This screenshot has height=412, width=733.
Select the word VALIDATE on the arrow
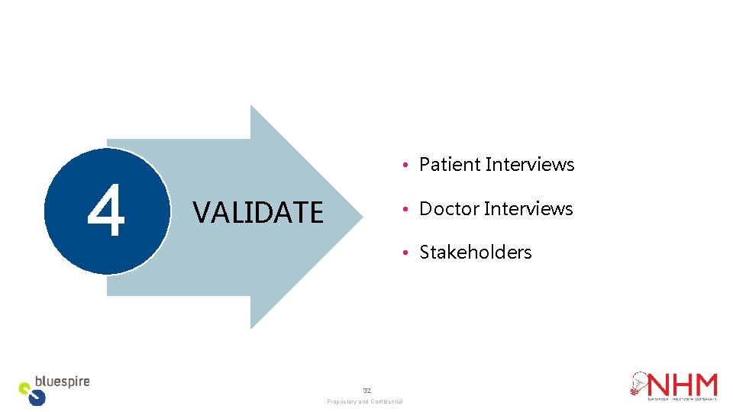point(258,212)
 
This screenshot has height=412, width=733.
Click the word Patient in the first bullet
point(450,165)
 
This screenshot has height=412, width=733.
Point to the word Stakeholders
point(476,253)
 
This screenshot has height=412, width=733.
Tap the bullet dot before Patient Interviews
point(409,166)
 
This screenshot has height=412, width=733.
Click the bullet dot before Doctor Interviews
point(409,209)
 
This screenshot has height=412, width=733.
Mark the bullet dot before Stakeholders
point(409,253)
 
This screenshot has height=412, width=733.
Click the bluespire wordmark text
point(63,381)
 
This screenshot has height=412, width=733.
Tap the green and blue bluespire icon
point(33,394)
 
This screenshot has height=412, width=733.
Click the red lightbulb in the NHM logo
point(638,383)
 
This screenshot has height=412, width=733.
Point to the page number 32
point(366,391)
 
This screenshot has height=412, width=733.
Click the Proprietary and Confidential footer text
point(365,401)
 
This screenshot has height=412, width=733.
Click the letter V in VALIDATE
point(200,212)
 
